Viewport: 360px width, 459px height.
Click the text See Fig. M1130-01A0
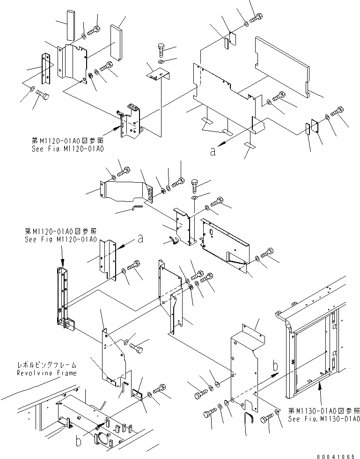pos(323,419)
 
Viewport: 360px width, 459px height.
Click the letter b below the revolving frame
pos(79,441)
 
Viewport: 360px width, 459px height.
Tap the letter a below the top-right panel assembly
pos(213,151)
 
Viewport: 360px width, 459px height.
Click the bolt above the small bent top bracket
pos(161,50)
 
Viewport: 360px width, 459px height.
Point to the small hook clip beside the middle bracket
pos(173,240)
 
